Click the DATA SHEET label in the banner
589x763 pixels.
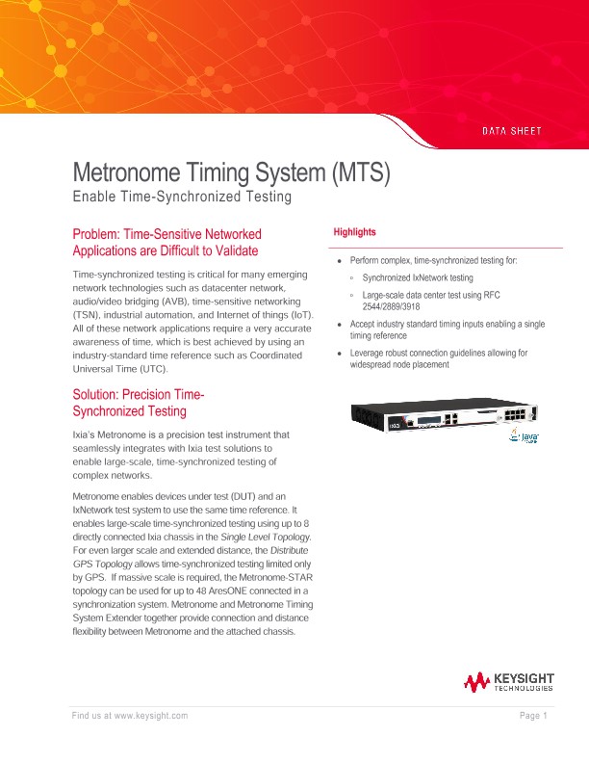(511, 130)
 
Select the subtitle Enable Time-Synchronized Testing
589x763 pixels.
(182, 197)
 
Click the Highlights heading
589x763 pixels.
(354, 233)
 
